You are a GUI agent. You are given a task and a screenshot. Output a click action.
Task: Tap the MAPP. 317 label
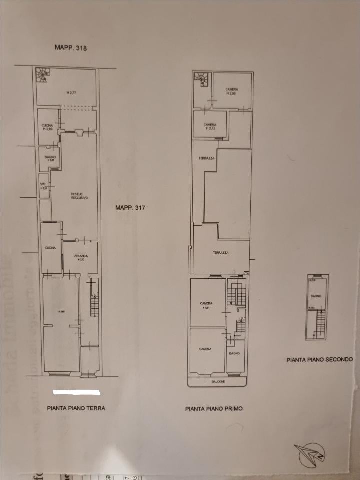(130, 208)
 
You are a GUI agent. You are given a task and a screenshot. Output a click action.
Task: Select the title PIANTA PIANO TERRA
(76, 408)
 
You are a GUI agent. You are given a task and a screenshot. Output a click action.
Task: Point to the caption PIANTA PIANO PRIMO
(214, 408)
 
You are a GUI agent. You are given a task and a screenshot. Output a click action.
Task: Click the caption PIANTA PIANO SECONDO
(320, 359)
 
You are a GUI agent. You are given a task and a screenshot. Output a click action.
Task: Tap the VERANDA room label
(80, 257)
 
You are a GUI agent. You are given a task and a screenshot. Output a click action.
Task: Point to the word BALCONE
(217, 381)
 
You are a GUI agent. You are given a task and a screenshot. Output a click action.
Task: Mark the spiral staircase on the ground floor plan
(42, 76)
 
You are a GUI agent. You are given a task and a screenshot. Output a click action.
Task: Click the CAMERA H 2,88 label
(231, 91)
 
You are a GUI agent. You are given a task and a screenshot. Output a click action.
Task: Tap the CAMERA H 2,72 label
(210, 126)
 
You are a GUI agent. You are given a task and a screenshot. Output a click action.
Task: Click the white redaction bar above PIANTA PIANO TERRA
(76, 392)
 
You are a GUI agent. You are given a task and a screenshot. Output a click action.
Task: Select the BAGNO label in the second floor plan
(316, 296)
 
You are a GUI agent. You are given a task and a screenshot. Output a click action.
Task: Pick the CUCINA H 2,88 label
(48, 127)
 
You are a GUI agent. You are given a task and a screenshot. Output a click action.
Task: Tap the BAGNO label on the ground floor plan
(50, 158)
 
